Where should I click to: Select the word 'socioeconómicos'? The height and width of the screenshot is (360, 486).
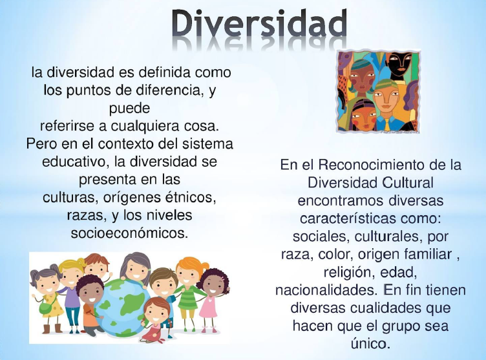point(129,231)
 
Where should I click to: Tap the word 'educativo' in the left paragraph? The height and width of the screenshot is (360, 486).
point(72,160)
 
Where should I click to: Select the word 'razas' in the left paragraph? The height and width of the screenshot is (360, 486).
point(85,213)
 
